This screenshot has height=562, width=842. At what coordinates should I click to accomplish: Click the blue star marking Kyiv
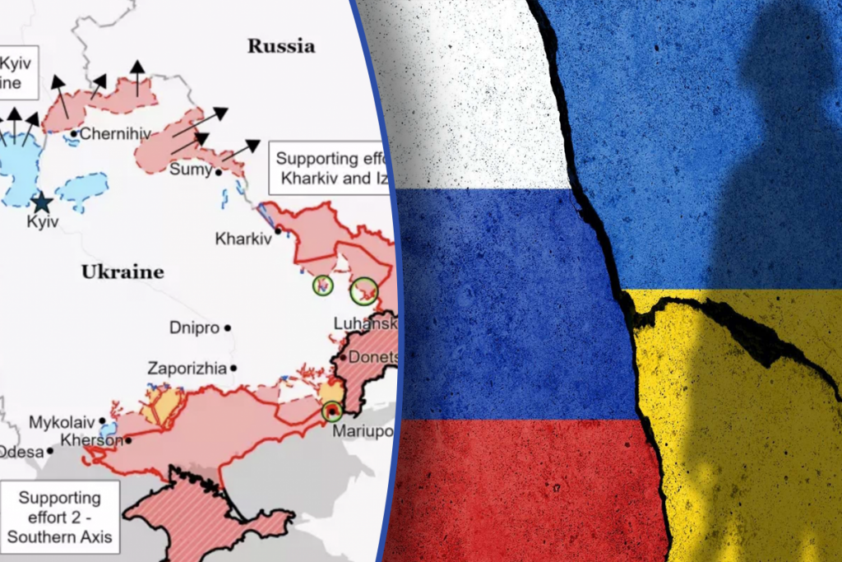[x=40, y=202]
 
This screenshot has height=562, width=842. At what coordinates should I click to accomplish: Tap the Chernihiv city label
[x=106, y=133]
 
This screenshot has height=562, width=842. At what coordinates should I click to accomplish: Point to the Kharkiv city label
[x=243, y=239]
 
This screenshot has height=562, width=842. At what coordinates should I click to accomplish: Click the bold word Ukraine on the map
[x=123, y=272]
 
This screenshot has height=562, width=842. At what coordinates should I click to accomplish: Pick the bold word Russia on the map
[x=281, y=46]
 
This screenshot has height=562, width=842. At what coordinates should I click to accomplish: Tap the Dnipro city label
[x=194, y=327]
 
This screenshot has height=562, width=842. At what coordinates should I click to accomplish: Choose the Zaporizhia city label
[x=187, y=369]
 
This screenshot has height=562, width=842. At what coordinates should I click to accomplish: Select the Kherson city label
[x=91, y=440]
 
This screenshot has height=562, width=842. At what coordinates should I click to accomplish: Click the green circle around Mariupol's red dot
[x=332, y=411]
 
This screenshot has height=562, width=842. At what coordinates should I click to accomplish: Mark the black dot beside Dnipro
[x=229, y=327]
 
